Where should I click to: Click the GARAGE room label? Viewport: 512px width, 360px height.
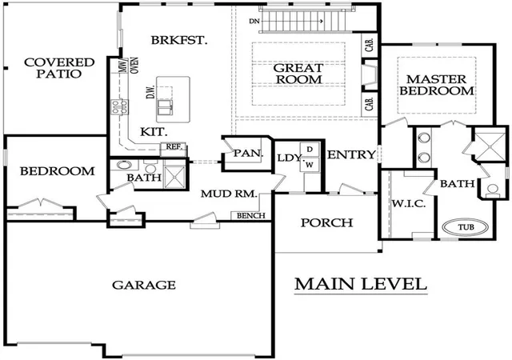[x=144, y=285]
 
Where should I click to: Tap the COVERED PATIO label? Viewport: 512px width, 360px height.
[x=59, y=68]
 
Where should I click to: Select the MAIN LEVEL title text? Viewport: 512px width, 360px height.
[x=361, y=284]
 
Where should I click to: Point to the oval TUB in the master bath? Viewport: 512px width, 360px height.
[x=466, y=226]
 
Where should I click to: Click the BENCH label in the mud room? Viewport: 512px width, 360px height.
[x=250, y=216]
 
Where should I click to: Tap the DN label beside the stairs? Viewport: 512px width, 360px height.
[x=254, y=22]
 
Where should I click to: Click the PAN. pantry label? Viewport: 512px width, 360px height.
[x=248, y=153]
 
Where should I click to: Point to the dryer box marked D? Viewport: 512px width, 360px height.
[x=310, y=150]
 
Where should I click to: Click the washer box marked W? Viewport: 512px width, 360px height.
[x=310, y=165]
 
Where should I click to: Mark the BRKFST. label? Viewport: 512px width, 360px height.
[x=179, y=40]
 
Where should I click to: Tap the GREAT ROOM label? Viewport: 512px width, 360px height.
[x=298, y=74]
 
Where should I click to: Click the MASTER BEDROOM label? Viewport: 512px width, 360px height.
[x=437, y=85]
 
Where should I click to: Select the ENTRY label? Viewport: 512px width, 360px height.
[x=351, y=154]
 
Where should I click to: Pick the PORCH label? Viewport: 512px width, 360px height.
[x=327, y=222]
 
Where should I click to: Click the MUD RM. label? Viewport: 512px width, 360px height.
[x=229, y=194]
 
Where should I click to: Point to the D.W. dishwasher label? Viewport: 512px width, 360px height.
[x=150, y=93]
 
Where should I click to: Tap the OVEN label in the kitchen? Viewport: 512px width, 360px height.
[x=134, y=66]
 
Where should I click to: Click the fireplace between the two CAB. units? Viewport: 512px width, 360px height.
[x=370, y=75]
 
